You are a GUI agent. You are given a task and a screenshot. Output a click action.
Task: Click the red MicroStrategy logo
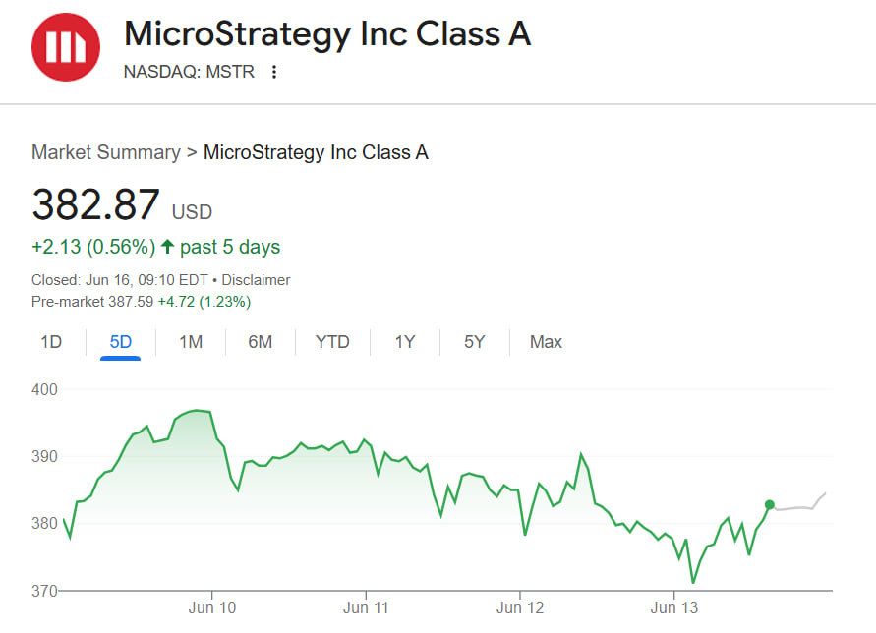tap(65, 47)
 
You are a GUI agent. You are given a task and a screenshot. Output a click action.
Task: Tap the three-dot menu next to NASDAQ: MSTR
tap(274, 72)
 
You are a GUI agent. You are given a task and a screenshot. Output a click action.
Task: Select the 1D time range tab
tap(51, 342)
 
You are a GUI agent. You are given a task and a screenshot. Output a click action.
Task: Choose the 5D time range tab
tap(121, 342)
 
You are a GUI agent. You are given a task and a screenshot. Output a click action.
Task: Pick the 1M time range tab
tap(191, 342)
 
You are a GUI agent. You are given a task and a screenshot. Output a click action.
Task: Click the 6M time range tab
tap(260, 342)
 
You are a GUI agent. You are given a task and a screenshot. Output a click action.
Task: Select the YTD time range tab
tap(332, 342)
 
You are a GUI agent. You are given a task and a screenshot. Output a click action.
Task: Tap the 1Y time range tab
tap(405, 342)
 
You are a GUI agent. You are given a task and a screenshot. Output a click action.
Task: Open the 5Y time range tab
tap(475, 342)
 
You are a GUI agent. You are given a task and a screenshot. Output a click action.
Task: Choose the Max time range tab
tap(546, 342)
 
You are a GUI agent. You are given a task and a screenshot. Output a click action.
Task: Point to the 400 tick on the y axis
tap(45, 389)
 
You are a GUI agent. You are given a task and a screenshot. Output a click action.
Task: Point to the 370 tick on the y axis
tap(45, 591)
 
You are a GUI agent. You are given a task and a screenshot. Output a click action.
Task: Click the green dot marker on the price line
tap(770, 505)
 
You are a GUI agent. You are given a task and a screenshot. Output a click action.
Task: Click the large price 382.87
tap(95, 205)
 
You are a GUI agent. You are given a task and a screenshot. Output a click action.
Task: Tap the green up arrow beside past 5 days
tap(167, 247)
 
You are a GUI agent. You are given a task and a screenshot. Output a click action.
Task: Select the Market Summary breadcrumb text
tap(106, 152)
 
